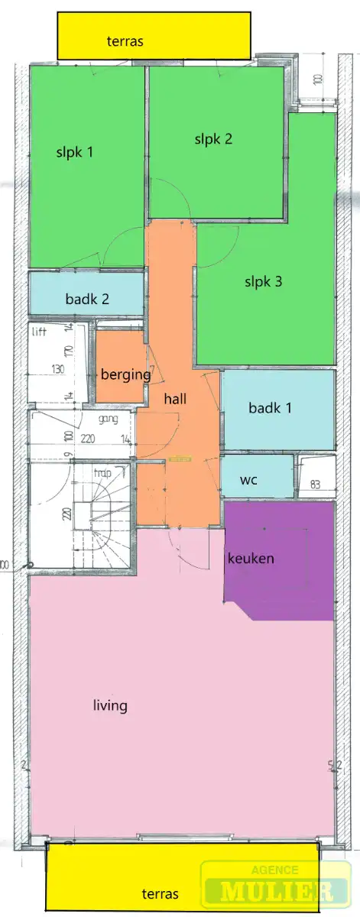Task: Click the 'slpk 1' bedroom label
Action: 74,152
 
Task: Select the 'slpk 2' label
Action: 213,139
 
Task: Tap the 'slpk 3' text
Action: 263,281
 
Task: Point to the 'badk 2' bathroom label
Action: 86,300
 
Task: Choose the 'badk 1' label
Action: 270,408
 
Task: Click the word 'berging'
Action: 125,374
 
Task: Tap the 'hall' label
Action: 175,398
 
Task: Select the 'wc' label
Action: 248,481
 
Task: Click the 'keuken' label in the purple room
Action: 251,559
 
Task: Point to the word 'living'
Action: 109,705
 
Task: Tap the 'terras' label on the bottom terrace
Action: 161,893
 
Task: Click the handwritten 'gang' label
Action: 107,420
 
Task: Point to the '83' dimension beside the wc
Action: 315,484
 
